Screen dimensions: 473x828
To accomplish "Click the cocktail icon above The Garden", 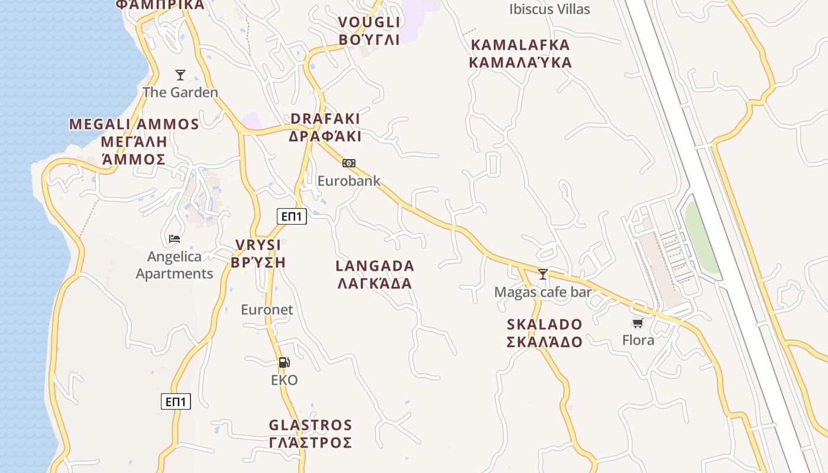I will coord(180,75).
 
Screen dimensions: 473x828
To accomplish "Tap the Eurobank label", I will coord(349,181).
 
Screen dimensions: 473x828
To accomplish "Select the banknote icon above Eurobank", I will coord(349,163).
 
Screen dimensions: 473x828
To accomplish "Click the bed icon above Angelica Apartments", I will coord(174,239).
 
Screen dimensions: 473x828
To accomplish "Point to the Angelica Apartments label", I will coord(174,265).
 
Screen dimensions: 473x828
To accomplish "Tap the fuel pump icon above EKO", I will coord(284,362).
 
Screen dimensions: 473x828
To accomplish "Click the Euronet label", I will coord(267,309).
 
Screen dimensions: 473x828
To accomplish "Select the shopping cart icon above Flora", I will coord(638,323).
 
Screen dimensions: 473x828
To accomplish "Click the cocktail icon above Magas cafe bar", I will coord(543,274).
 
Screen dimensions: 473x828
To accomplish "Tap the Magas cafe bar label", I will coord(543,292).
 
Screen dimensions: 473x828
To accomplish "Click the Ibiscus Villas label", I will coord(549,9).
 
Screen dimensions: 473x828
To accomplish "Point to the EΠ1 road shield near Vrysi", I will coord(292,217).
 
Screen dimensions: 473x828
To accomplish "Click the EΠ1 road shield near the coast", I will coord(176,402).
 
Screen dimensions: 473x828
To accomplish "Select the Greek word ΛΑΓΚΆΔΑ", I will coord(375,283).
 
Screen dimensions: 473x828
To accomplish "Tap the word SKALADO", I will coord(545,325).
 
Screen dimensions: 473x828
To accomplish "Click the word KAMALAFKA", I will coord(520,45).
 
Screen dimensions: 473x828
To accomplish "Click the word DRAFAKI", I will coord(325,119).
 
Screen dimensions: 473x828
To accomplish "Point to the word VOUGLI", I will coord(369,22).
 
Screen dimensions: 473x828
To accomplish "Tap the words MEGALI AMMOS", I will coord(134,124).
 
